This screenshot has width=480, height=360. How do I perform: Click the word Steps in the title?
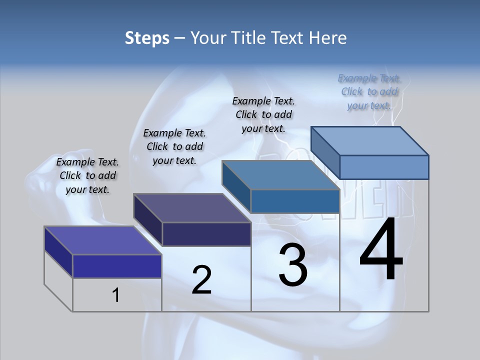pyautogui.click(x=147, y=38)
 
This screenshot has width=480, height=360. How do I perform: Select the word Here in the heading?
pyautogui.click(x=328, y=38)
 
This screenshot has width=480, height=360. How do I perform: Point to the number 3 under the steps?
pyautogui.click(x=292, y=265)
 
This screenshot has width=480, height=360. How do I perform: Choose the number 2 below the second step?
pyautogui.click(x=201, y=279)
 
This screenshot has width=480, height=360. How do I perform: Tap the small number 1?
pyautogui.click(x=115, y=295)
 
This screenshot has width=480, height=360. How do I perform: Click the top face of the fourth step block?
pyautogui.click(x=369, y=140)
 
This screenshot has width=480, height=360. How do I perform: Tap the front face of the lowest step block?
pyautogui.click(x=117, y=266)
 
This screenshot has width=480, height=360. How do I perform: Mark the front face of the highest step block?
pyautogui.click(x=384, y=167)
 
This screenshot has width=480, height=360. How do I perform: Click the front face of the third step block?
pyautogui.click(x=295, y=201)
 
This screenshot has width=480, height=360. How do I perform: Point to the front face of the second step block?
pyautogui.click(x=206, y=234)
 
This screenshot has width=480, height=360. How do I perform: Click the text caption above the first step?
pyautogui.click(x=87, y=176)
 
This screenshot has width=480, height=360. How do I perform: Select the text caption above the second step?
pyautogui.click(x=174, y=146)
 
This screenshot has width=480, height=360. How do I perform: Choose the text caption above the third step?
pyautogui.click(x=263, y=114)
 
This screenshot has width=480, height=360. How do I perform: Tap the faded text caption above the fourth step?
pyautogui.click(x=369, y=91)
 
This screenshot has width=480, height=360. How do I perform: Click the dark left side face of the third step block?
pyautogui.click(x=236, y=186)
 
